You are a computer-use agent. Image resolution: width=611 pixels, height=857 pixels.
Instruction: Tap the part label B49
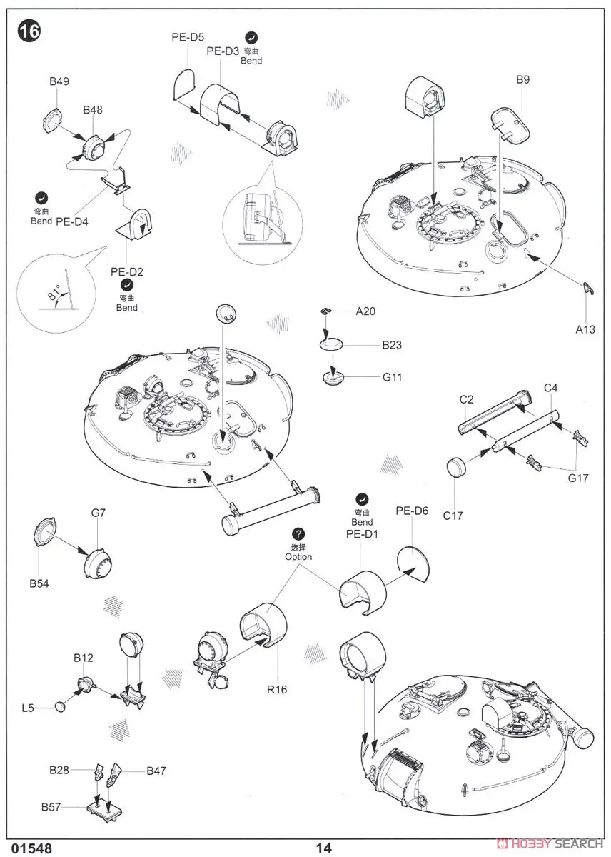(x=59, y=82)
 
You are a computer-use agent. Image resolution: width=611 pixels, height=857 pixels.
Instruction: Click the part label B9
(x=522, y=80)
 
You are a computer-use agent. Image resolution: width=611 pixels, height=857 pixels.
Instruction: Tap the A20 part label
(x=365, y=311)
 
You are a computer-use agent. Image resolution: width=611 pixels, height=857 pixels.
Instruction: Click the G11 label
(x=392, y=376)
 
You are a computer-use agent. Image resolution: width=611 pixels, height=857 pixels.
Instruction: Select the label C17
(x=453, y=514)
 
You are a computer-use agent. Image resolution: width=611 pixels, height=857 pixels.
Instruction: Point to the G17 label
(x=579, y=478)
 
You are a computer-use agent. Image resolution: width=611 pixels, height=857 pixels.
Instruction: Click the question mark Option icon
(x=298, y=535)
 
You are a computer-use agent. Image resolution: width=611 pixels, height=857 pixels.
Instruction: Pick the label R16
(x=277, y=689)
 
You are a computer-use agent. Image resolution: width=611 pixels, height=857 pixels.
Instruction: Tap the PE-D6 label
(x=412, y=511)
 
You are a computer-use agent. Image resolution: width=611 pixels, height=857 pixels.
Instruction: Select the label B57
(x=50, y=808)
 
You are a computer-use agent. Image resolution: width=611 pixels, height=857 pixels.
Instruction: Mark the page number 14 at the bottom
(x=324, y=848)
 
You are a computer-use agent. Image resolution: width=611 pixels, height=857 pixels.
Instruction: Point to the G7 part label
(x=99, y=513)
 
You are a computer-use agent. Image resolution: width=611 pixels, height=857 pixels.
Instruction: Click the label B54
(x=40, y=583)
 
